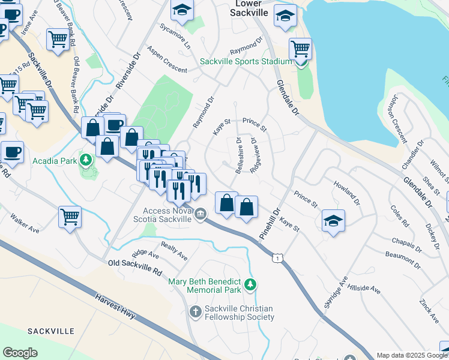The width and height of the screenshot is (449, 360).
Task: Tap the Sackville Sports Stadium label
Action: [246, 61]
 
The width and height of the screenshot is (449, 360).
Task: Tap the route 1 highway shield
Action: [277, 257]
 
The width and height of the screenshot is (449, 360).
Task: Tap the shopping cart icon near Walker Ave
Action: [70, 216]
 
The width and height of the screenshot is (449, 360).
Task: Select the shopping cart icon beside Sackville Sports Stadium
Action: [300, 48]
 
